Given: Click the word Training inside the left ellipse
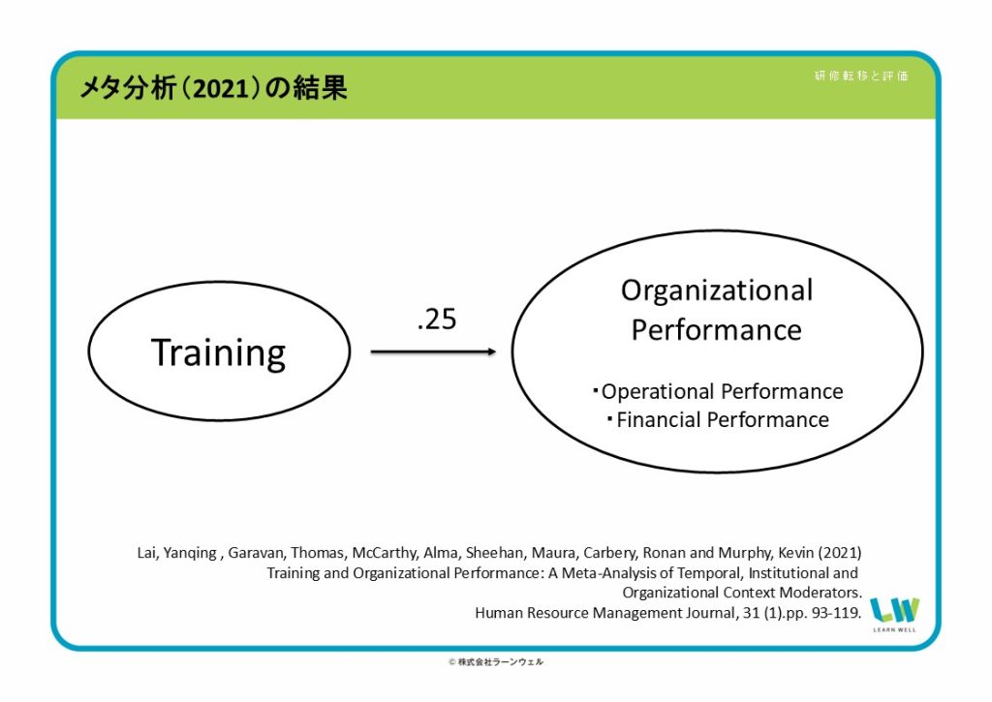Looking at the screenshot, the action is click(x=218, y=352).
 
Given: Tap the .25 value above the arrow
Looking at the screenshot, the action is click(x=437, y=320).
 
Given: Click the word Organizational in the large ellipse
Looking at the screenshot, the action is click(x=717, y=290).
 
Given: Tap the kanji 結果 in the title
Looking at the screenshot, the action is click(x=320, y=88).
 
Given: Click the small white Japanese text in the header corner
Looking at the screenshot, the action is click(x=861, y=76).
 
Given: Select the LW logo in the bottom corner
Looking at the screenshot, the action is click(x=894, y=613).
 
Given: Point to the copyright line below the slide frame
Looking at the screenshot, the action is click(x=496, y=662).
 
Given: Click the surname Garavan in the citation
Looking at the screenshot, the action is click(x=256, y=553).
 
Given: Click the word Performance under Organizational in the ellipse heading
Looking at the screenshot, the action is click(x=717, y=330).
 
